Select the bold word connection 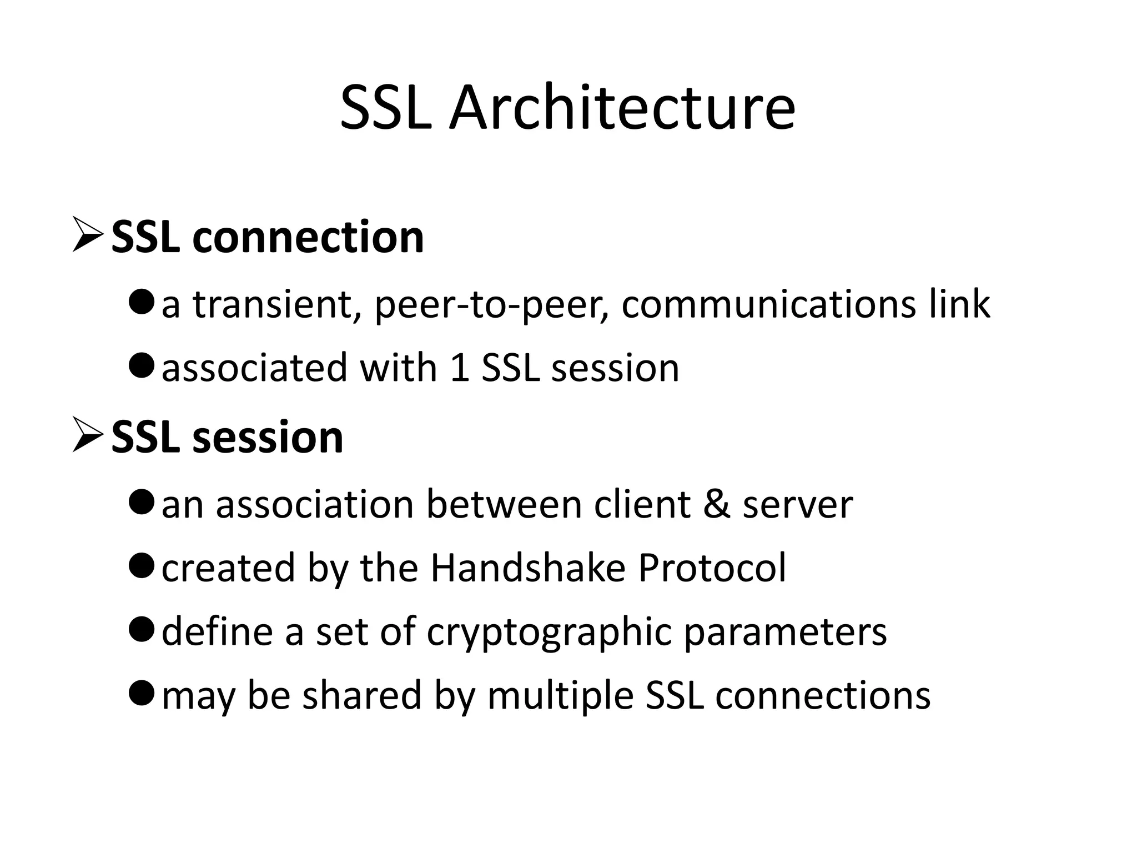coord(308,237)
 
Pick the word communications coord(768,305)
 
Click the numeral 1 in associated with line coord(460,368)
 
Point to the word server coord(798,505)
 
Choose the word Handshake coord(528,568)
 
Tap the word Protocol coord(712,568)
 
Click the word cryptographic coord(549,633)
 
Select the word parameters coord(785,633)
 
